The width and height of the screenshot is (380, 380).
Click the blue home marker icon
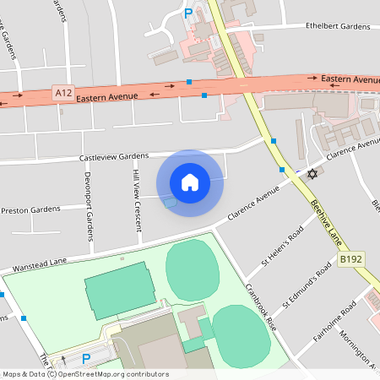pos(190,182)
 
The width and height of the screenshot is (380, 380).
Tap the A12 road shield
pos(62,92)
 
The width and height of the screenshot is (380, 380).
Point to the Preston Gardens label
pos(30,209)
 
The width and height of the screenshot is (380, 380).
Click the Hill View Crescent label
pos(136,199)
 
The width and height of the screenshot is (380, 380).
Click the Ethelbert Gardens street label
pos(338,27)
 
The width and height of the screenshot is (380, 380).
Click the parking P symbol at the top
pos(188,13)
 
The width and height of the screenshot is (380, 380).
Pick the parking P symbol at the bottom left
pos(86,359)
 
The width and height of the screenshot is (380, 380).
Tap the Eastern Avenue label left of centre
pos(106,98)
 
